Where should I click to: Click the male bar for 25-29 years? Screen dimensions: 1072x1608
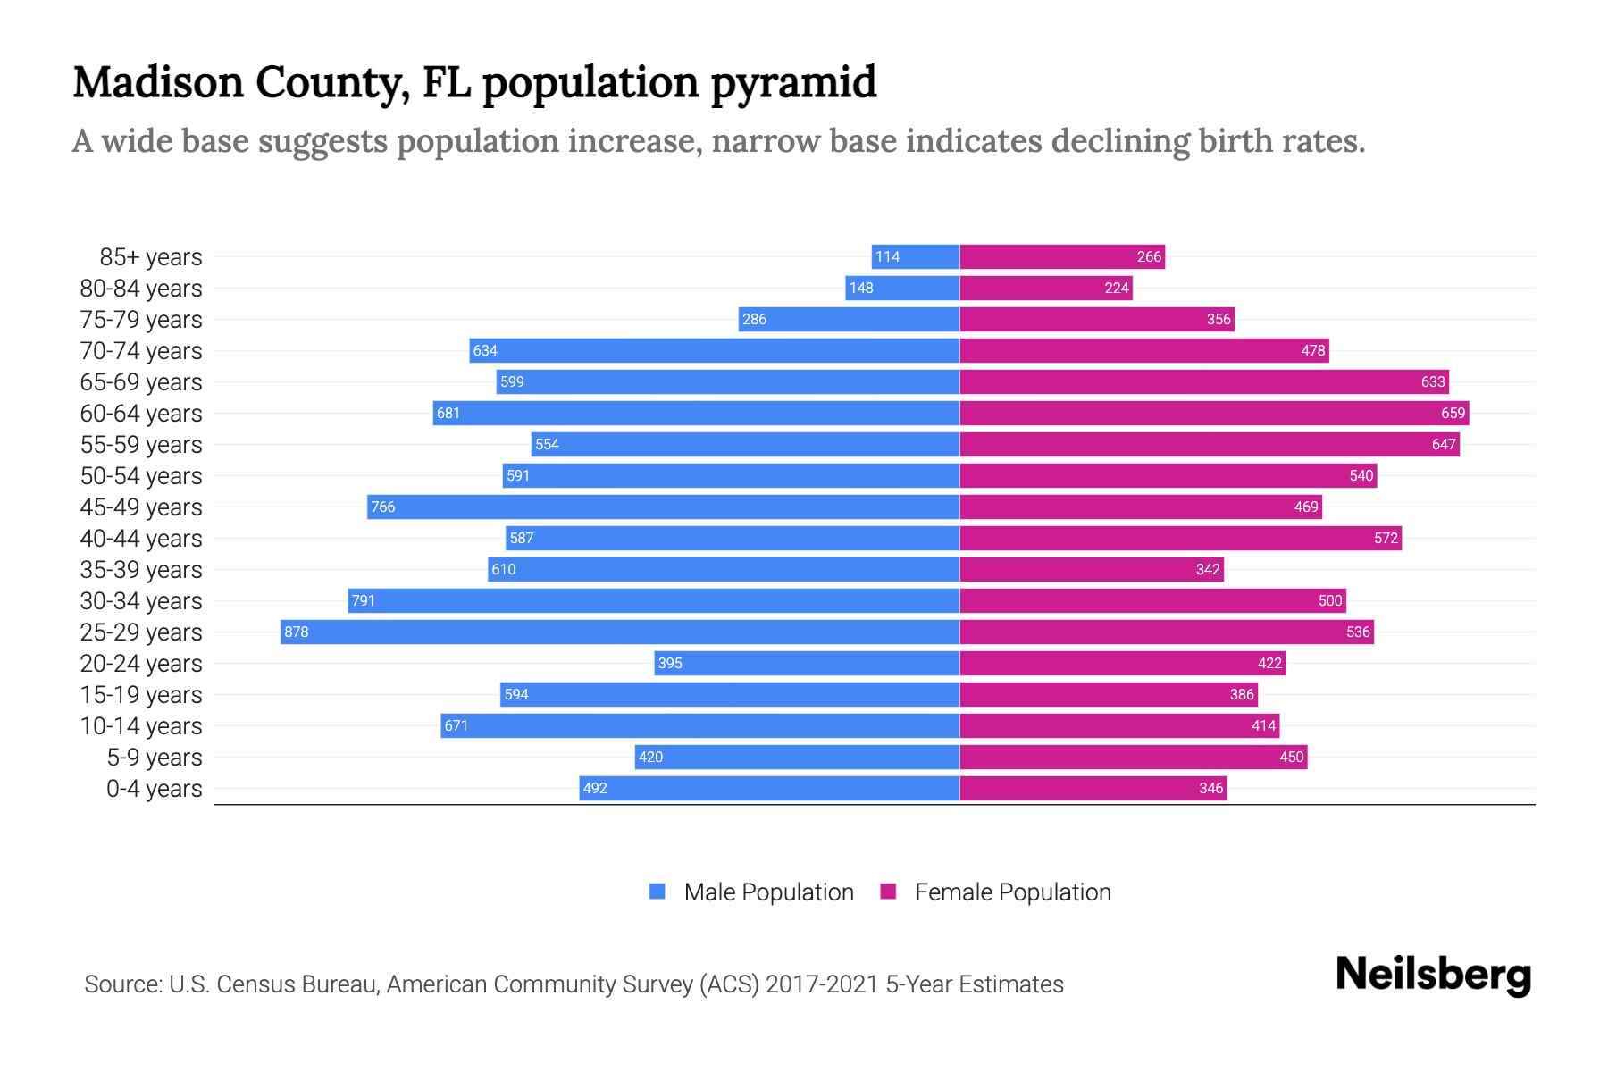coord(620,632)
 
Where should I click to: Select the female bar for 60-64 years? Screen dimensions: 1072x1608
coord(1214,413)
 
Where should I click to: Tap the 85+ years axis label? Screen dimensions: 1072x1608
coord(151,257)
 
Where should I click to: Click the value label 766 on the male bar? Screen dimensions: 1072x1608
coord(383,507)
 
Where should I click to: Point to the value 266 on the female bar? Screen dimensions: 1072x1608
coord(1149,256)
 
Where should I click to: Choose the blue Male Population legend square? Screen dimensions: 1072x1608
coord(657,892)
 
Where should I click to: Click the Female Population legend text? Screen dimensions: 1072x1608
coord(1013,892)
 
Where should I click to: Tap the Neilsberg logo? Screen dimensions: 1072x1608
coord(1433,976)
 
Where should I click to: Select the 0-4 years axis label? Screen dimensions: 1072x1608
coord(155,789)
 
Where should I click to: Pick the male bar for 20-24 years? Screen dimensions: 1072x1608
coord(807,663)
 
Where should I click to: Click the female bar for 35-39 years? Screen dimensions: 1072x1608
coord(1092,569)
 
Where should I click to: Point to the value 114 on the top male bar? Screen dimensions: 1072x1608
coord(887,256)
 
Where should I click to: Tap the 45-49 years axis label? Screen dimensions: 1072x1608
coord(141,507)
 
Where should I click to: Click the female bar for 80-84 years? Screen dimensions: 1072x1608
coord(1046,288)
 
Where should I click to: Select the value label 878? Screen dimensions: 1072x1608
coord(296,632)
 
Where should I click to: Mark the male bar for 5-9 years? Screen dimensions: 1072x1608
coord(797,757)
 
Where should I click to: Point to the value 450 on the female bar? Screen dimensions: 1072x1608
coord(1292,757)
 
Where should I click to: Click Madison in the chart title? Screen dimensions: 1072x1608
coord(157,82)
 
